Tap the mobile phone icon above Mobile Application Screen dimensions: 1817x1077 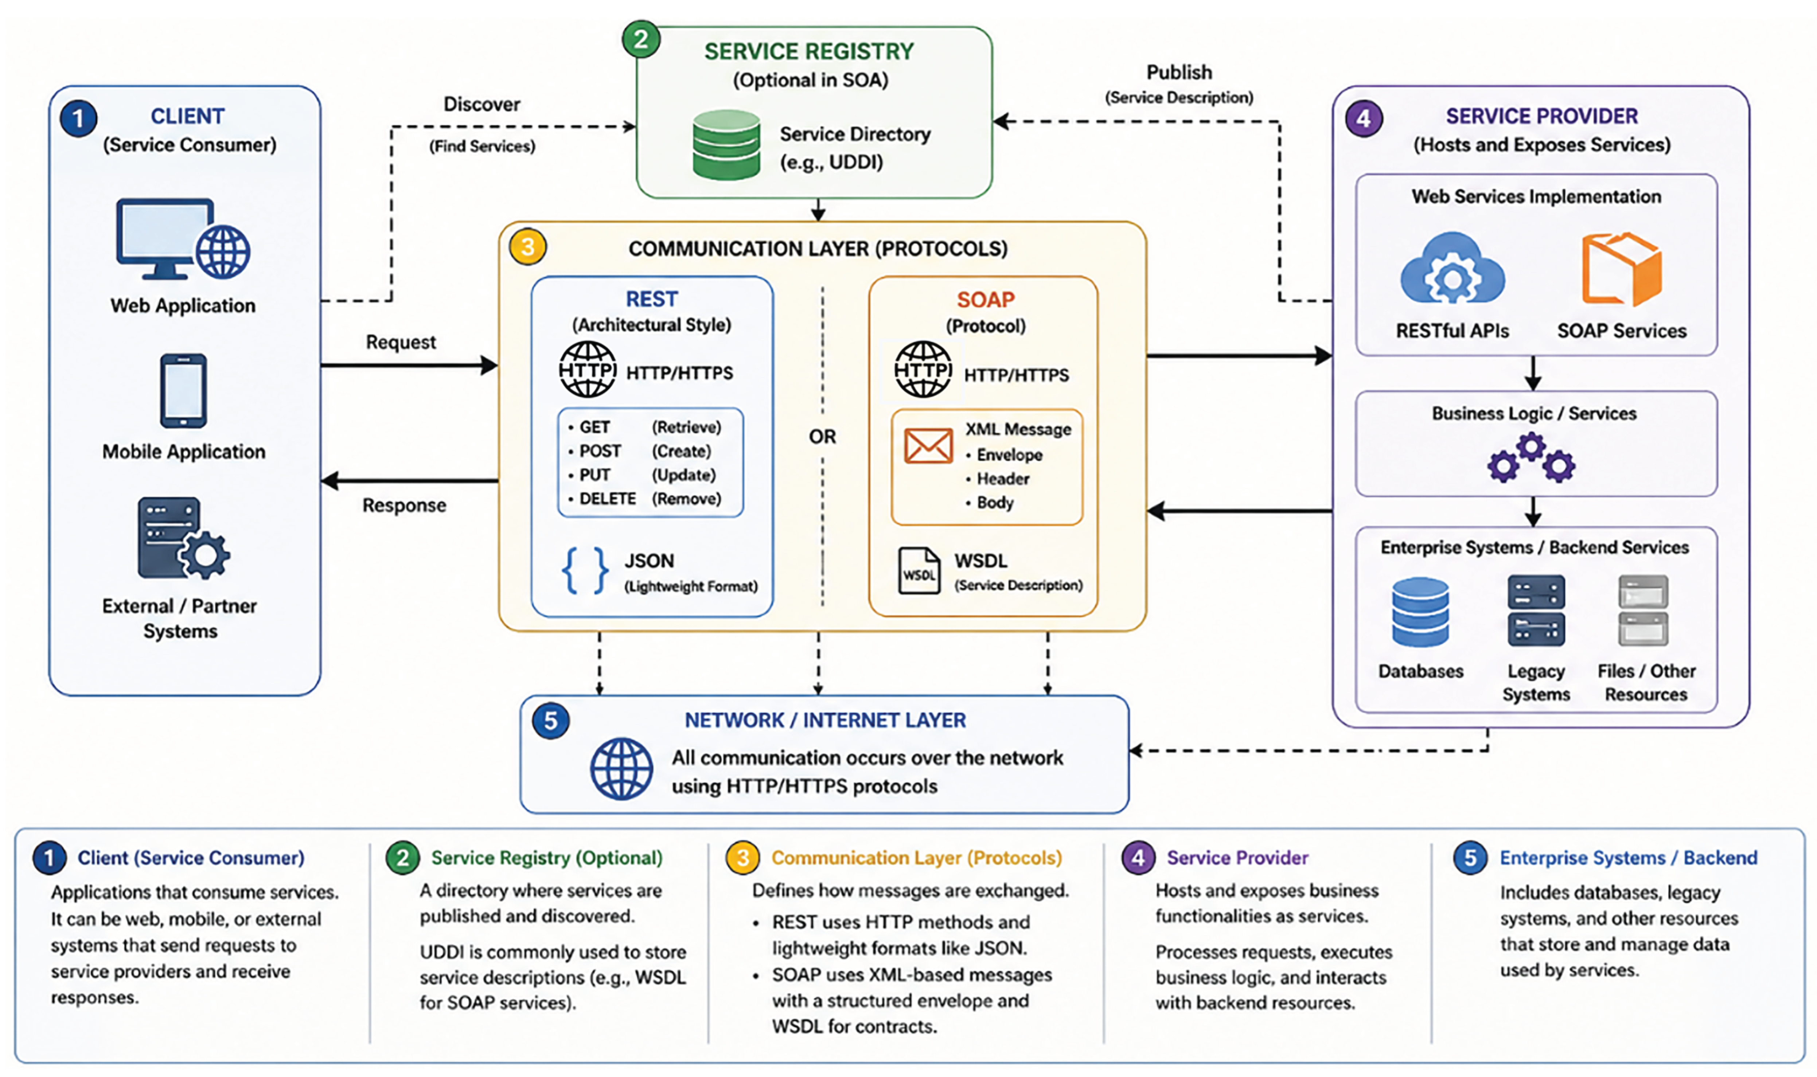click(x=184, y=390)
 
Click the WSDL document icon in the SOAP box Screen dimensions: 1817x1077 click(x=919, y=570)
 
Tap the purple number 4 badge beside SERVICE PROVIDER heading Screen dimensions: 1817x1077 click(x=1364, y=118)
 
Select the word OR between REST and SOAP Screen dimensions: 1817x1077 click(x=822, y=436)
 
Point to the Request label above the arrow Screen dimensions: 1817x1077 click(x=401, y=342)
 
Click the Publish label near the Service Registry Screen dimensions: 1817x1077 click(x=1179, y=72)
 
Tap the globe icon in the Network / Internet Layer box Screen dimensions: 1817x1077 click(x=621, y=769)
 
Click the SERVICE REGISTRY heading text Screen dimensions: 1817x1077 click(x=809, y=51)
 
